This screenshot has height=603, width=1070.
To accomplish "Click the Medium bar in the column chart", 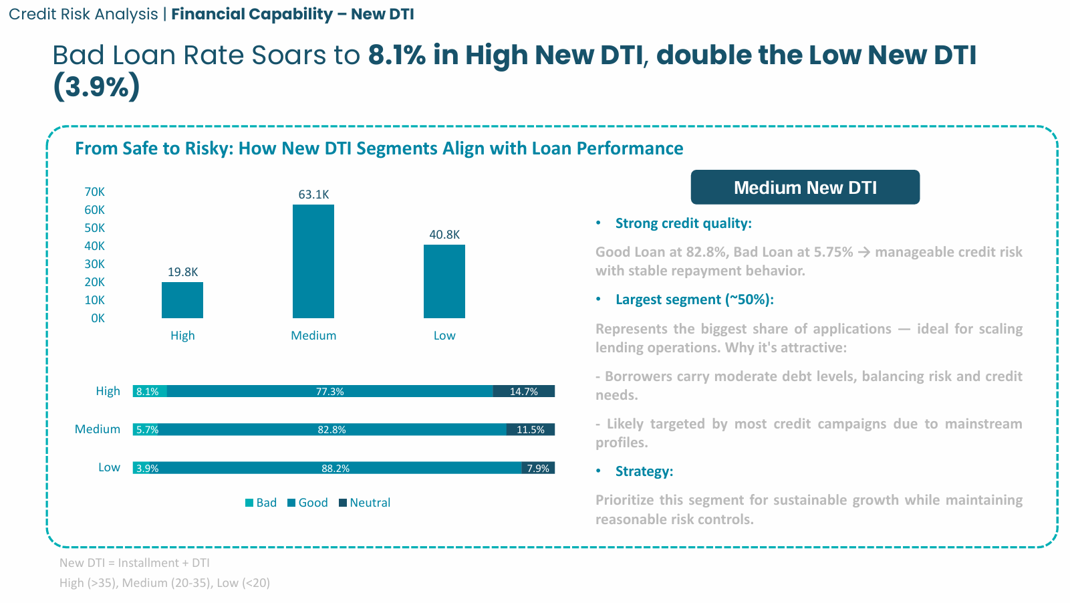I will pyautogui.click(x=313, y=261).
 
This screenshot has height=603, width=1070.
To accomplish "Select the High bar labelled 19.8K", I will pyautogui.click(x=182, y=300).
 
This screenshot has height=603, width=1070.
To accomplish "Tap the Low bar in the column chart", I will pyautogui.click(x=444, y=281).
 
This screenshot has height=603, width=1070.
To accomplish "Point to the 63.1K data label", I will pyautogui.click(x=313, y=195).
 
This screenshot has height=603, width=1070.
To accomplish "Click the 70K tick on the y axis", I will pyautogui.click(x=94, y=192).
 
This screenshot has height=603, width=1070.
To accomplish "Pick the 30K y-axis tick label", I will pyautogui.click(x=94, y=264).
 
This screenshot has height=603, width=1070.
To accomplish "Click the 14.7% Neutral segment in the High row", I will pyautogui.click(x=524, y=392).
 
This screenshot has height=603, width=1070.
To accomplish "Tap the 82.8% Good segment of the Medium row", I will pyautogui.click(x=331, y=430).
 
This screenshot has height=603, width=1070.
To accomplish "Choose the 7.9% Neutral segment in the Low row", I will pyautogui.click(x=538, y=468).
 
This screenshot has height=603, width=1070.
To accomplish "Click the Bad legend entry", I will pyautogui.click(x=261, y=503).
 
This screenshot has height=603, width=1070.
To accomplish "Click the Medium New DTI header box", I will pyautogui.click(x=805, y=187).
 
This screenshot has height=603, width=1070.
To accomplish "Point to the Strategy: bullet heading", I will pyautogui.click(x=644, y=471).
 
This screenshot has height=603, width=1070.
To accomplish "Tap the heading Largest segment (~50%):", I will pyautogui.click(x=694, y=299).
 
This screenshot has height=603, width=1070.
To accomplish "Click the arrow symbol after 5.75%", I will pyautogui.click(x=864, y=252).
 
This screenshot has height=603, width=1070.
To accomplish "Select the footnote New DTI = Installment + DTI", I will pyautogui.click(x=134, y=563).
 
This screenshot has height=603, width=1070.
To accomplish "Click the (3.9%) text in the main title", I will pyautogui.click(x=96, y=86).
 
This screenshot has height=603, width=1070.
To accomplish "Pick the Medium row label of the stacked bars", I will pyautogui.click(x=98, y=429).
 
